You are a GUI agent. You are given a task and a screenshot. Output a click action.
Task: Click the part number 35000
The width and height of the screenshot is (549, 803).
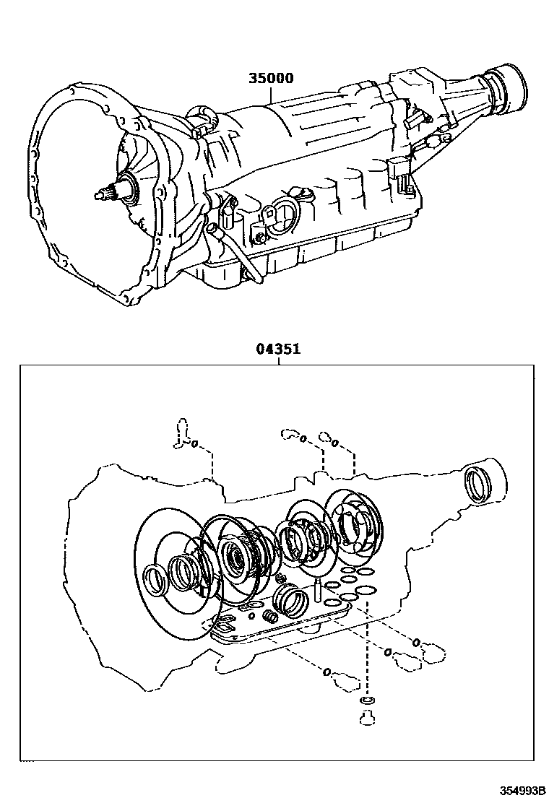point(271,77)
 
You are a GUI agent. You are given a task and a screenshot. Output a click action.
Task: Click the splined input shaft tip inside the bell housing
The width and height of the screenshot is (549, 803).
point(103,194)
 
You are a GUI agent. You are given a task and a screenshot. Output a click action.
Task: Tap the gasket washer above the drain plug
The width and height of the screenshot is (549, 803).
point(367,701)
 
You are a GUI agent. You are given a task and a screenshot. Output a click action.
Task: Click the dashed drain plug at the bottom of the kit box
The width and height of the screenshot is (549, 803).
point(367,717)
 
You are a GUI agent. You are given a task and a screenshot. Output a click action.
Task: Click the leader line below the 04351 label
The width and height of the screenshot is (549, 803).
point(279,360)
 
